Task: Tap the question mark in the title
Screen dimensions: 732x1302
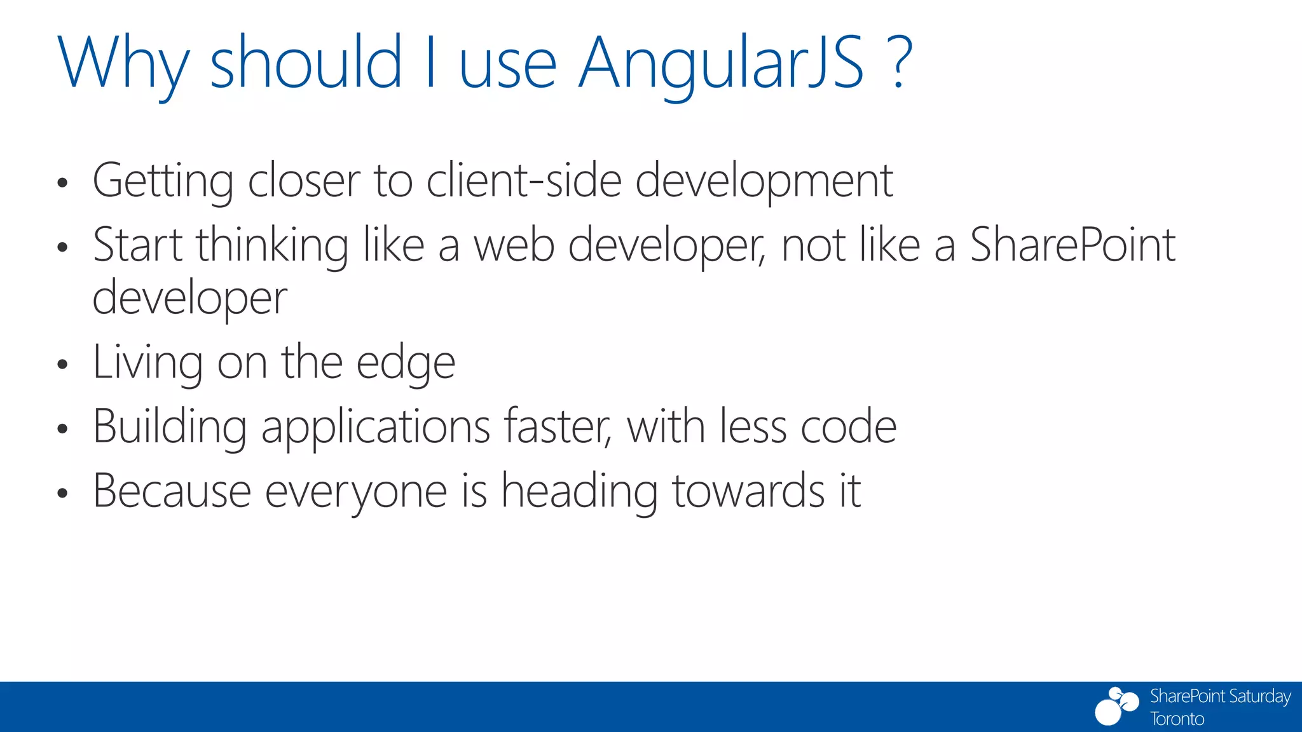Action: [x=898, y=62]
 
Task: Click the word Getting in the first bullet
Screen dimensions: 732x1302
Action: [x=163, y=181]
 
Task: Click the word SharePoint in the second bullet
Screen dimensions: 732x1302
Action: [x=1072, y=245]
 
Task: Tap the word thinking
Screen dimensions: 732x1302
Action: [x=272, y=247]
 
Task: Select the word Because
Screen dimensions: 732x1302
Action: [x=172, y=491]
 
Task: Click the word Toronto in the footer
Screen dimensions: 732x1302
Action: [x=1177, y=719]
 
